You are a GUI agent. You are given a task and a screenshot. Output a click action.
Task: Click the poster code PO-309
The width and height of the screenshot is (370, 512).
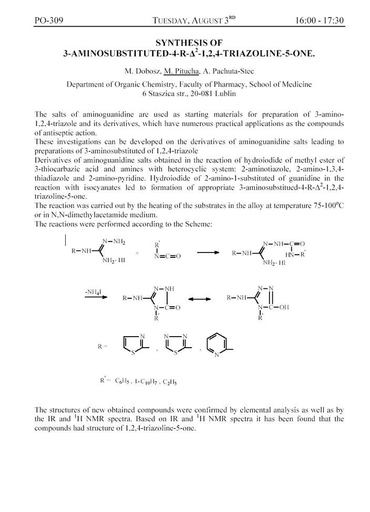48,21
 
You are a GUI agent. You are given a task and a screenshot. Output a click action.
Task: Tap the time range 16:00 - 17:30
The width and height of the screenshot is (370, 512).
319,21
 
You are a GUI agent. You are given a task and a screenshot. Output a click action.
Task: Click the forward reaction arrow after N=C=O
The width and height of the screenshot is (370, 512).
208,253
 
